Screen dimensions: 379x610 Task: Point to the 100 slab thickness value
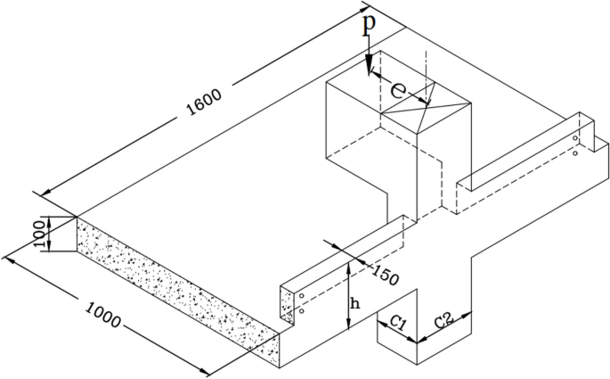[39, 235]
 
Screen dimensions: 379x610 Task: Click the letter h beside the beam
[355, 304]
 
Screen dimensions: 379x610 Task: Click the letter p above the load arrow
[368, 25]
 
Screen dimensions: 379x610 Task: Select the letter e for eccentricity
[400, 88]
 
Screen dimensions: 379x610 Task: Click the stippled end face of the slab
[169, 284]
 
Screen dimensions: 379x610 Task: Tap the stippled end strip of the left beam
[287, 308]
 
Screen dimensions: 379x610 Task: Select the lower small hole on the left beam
[301, 312]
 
